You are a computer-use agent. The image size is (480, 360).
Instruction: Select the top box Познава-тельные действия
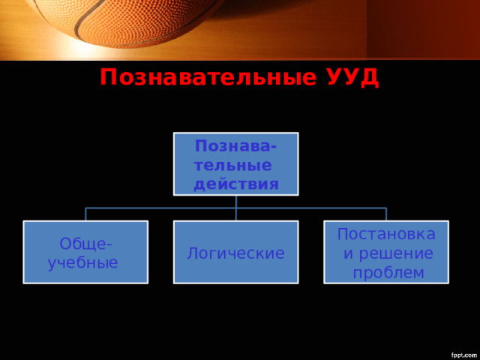tap(236, 163)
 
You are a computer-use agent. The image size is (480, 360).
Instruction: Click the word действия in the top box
tap(236, 183)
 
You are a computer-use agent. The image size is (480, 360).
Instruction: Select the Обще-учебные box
tap(85, 252)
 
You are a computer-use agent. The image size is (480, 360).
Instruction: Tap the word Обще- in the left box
tap(87, 244)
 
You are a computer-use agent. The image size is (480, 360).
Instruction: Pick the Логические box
tap(236, 252)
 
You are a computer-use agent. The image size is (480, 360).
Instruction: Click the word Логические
tap(235, 253)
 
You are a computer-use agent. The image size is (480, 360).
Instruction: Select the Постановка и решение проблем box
tap(386, 252)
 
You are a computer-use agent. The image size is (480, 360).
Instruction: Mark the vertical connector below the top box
tap(236, 201)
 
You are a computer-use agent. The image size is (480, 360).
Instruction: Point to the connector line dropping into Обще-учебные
tap(85, 214)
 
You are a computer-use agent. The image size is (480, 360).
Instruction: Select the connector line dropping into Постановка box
tap(386, 214)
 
